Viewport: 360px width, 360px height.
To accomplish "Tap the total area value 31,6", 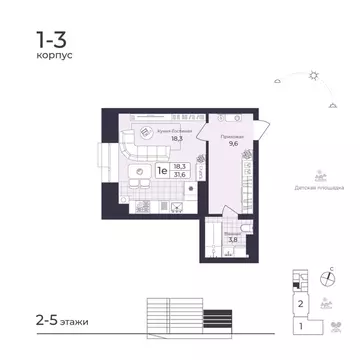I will tap(180, 176).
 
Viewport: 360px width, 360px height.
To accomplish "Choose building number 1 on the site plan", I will tap(299, 326).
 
